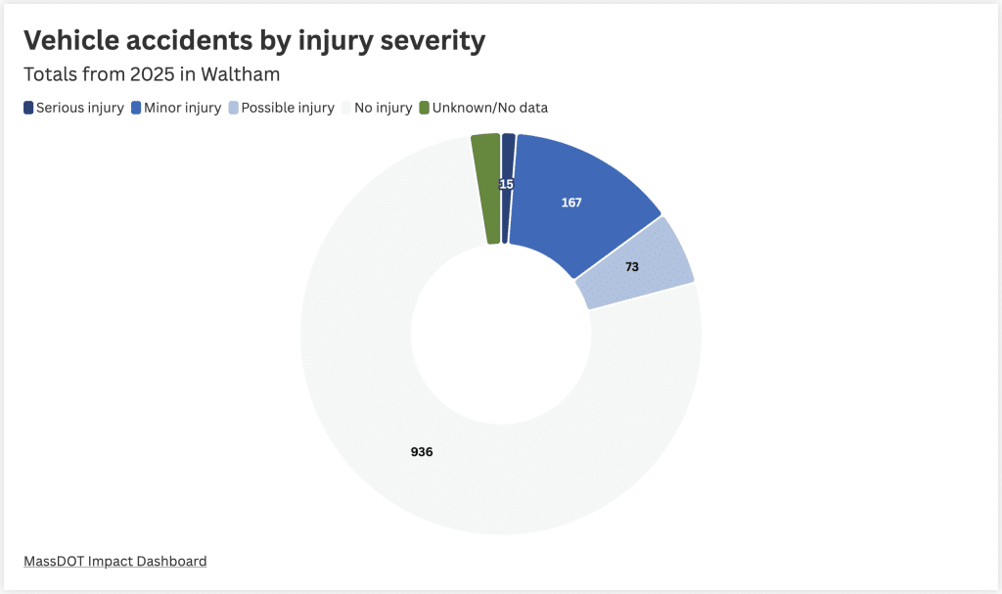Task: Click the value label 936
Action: (422, 452)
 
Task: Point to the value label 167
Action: (571, 203)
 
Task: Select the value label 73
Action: (632, 266)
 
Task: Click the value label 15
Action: (506, 184)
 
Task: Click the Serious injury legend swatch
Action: (28, 108)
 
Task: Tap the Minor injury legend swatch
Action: (136, 108)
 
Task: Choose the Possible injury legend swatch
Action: (233, 108)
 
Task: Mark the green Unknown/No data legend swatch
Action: (424, 108)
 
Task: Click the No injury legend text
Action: (383, 108)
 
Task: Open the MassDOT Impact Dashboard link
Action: (114, 561)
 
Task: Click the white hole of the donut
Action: (501, 335)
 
